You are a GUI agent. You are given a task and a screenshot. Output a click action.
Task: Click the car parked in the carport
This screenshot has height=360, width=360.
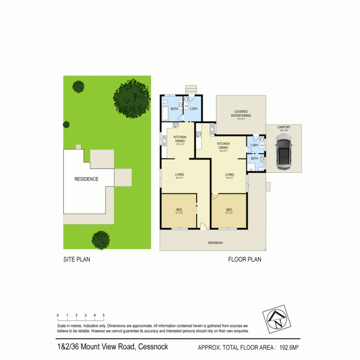[x=284, y=154]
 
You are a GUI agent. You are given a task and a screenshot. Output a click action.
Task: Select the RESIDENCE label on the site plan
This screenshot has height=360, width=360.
[x=86, y=179]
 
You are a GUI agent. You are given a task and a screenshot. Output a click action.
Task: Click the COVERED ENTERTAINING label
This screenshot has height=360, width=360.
[x=241, y=113]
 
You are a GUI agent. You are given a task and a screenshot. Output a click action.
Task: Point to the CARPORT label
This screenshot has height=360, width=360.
[x=284, y=127]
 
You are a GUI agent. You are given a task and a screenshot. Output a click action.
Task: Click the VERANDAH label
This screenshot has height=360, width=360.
[x=215, y=243]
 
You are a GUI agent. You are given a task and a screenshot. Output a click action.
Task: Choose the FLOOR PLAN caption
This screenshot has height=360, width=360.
[x=244, y=260]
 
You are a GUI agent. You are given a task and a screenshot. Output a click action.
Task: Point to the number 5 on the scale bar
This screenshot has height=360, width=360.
[x=104, y=315]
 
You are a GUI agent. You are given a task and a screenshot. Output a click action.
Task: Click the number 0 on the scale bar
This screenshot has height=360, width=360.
[x=58, y=315]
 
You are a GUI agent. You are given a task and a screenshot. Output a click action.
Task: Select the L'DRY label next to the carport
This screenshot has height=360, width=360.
[x=254, y=145]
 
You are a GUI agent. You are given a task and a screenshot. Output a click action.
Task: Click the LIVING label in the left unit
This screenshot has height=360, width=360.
[x=180, y=175]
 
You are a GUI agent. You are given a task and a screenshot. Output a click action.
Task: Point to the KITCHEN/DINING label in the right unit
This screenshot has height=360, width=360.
[x=223, y=145]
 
